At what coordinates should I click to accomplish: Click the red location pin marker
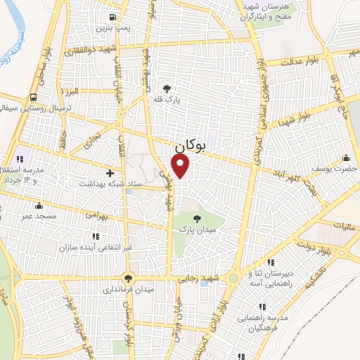[181, 165]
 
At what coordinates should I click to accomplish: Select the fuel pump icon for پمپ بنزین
[112, 18]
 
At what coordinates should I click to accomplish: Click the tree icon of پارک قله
[167, 89]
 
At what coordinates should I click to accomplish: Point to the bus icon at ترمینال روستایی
[33, 98]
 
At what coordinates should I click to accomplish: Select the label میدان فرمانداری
[129, 288]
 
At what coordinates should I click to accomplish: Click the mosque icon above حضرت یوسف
[345, 157]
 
